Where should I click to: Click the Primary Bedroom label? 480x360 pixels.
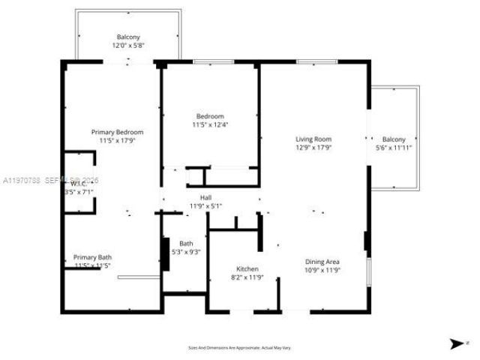(x=117, y=132)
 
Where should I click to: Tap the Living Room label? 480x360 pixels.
(x=313, y=139)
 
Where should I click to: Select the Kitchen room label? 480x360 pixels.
(x=247, y=268)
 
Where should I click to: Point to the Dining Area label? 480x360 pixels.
(x=322, y=262)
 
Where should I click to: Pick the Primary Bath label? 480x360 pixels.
(x=93, y=257)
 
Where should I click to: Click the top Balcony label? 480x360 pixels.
(x=128, y=37)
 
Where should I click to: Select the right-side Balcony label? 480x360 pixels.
(x=394, y=139)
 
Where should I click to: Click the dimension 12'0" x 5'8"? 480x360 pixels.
(x=128, y=46)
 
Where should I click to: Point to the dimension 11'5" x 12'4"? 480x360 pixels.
(x=210, y=125)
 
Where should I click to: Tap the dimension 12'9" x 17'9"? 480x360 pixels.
(x=313, y=148)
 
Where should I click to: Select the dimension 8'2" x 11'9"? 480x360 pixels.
(x=247, y=277)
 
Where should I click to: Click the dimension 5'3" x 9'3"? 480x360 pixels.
(x=186, y=252)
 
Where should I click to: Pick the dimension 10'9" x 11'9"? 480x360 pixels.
(x=322, y=270)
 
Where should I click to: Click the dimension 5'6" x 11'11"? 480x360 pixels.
(x=394, y=148)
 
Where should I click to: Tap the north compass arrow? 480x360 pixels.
(x=454, y=344)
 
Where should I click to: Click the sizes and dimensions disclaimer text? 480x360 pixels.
(x=239, y=348)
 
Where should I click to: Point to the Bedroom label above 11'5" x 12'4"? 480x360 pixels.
(x=210, y=116)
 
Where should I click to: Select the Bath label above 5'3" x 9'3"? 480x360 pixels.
(x=186, y=243)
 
